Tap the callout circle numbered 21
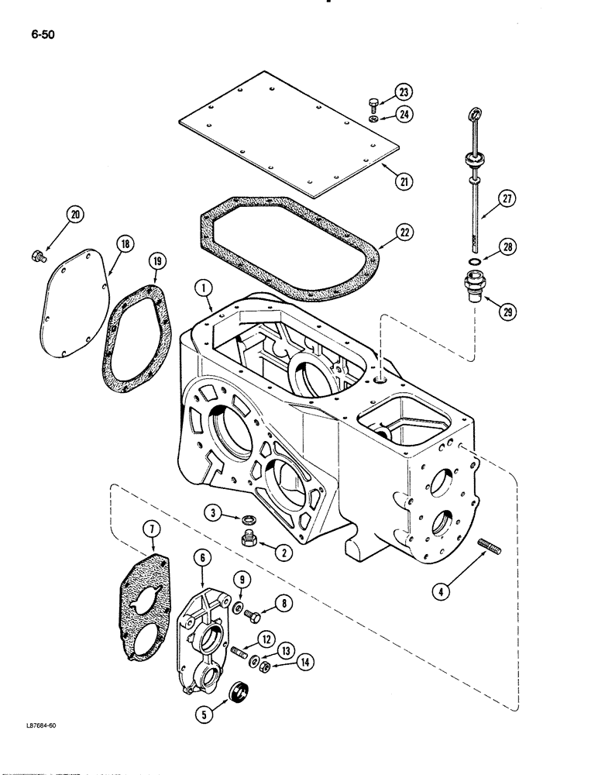coord(402,183)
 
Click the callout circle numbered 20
coord(75,215)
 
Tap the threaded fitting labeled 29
coord(472,285)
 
